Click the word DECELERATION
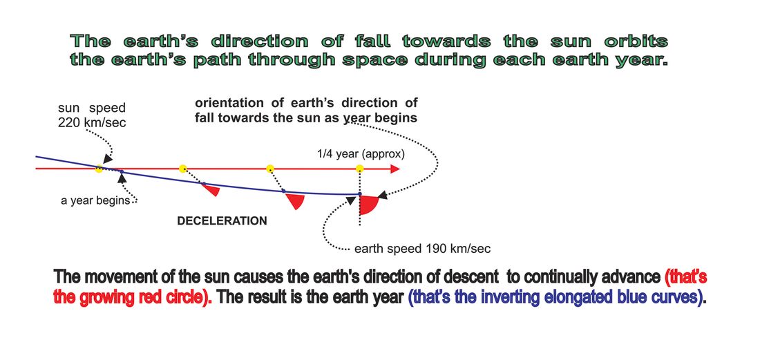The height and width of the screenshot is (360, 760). (x=222, y=221)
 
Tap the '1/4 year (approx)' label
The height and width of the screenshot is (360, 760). (x=360, y=155)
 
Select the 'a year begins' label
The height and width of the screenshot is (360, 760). (x=95, y=200)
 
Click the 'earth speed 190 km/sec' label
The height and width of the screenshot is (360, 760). (x=423, y=249)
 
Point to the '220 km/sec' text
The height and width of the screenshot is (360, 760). (x=92, y=122)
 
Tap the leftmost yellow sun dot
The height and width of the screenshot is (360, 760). (x=99, y=169)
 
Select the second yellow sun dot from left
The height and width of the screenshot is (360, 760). (x=182, y=169)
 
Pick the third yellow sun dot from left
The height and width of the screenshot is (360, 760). (x=270, y=169)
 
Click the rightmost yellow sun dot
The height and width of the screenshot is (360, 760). (x=360, y=169)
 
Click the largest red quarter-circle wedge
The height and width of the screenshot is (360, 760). (x=368, y=204)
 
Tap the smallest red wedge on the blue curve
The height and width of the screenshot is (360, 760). (x=212, y=189)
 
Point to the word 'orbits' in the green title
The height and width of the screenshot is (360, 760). (x=636, y=41)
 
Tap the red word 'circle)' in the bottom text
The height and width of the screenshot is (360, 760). (x=182, y=296)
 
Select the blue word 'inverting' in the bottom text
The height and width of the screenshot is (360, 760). (x=486, y=296)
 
